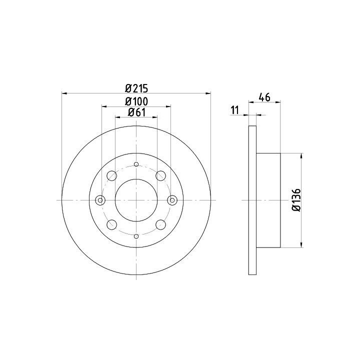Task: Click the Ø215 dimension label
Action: click(x=136, y=88)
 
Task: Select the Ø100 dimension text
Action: click(x=136, y=101)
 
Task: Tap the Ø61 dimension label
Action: click(x=137, y=112)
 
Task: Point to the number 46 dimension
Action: click(x=264, y=97)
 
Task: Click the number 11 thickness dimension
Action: click(x=234, y=110)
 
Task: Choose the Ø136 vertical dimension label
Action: click(x=296, y=200)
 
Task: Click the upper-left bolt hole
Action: click(x=112, y=175)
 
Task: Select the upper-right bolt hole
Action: click(x=160, y=175)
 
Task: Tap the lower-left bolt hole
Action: click(x=112, y=225)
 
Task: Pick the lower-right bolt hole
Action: click(x=160, y=225)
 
